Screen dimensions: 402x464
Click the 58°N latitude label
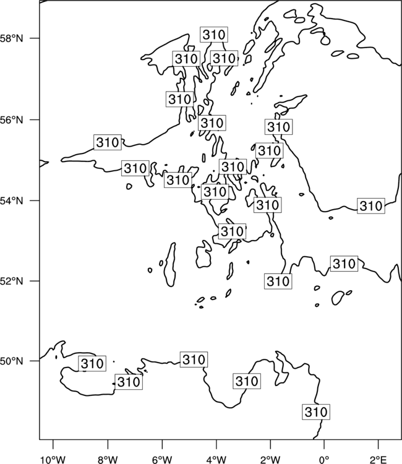tap(11, 38)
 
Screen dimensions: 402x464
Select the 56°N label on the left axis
tap(11, 119)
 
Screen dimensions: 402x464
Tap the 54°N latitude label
tap(11, 200)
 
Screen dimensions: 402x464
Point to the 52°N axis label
tap(11, 281)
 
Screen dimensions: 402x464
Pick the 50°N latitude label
tap(11, 361)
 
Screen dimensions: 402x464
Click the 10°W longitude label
tap(53, 460)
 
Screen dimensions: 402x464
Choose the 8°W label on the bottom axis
tap(108, 460)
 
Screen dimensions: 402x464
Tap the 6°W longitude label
tap(162, 460)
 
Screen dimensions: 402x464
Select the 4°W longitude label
tap(216, 460)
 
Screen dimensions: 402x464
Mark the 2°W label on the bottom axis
tap(270, 460)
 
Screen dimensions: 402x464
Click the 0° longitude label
tap(324, 460)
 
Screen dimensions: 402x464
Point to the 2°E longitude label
tap(378, 460)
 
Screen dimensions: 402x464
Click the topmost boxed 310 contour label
tap(214, 35)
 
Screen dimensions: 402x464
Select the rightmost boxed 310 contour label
tap(371, 205)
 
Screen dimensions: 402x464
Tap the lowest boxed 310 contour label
tap(316, 411)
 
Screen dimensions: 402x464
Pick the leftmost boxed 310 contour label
tap(92, 363)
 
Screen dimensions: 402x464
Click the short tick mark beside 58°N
tap(35, 38)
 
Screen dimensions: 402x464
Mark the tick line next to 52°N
tap(35, 281)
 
